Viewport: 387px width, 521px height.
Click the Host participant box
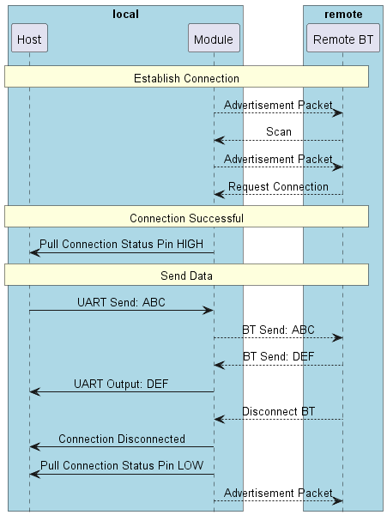pos(29,39)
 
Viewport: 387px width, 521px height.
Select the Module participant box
pos(214,39)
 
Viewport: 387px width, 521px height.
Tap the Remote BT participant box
pos(343,39)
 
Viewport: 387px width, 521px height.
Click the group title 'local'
pos(125,15)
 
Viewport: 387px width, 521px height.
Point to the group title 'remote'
pos(343,15)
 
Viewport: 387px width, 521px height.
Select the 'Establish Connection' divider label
pos(186,78)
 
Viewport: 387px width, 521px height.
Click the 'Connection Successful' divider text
pos(186,218)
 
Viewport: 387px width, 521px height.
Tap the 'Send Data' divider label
pos(186,276)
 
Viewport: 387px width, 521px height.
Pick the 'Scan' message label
pos(278,132)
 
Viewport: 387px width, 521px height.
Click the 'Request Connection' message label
pos(278,186)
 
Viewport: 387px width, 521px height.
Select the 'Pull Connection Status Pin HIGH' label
pos(121,244)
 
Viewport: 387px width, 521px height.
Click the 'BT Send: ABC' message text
pos(278,330)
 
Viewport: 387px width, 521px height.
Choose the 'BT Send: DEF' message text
pos(278,356)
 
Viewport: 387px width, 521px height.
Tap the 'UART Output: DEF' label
pos(121,384)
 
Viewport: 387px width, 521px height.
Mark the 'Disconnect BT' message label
pos(278,411)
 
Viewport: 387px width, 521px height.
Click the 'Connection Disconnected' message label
pos(121,439)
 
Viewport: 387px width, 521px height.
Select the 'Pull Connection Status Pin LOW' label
pos(121,466)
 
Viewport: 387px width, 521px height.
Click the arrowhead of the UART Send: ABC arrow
pos(209,311)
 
